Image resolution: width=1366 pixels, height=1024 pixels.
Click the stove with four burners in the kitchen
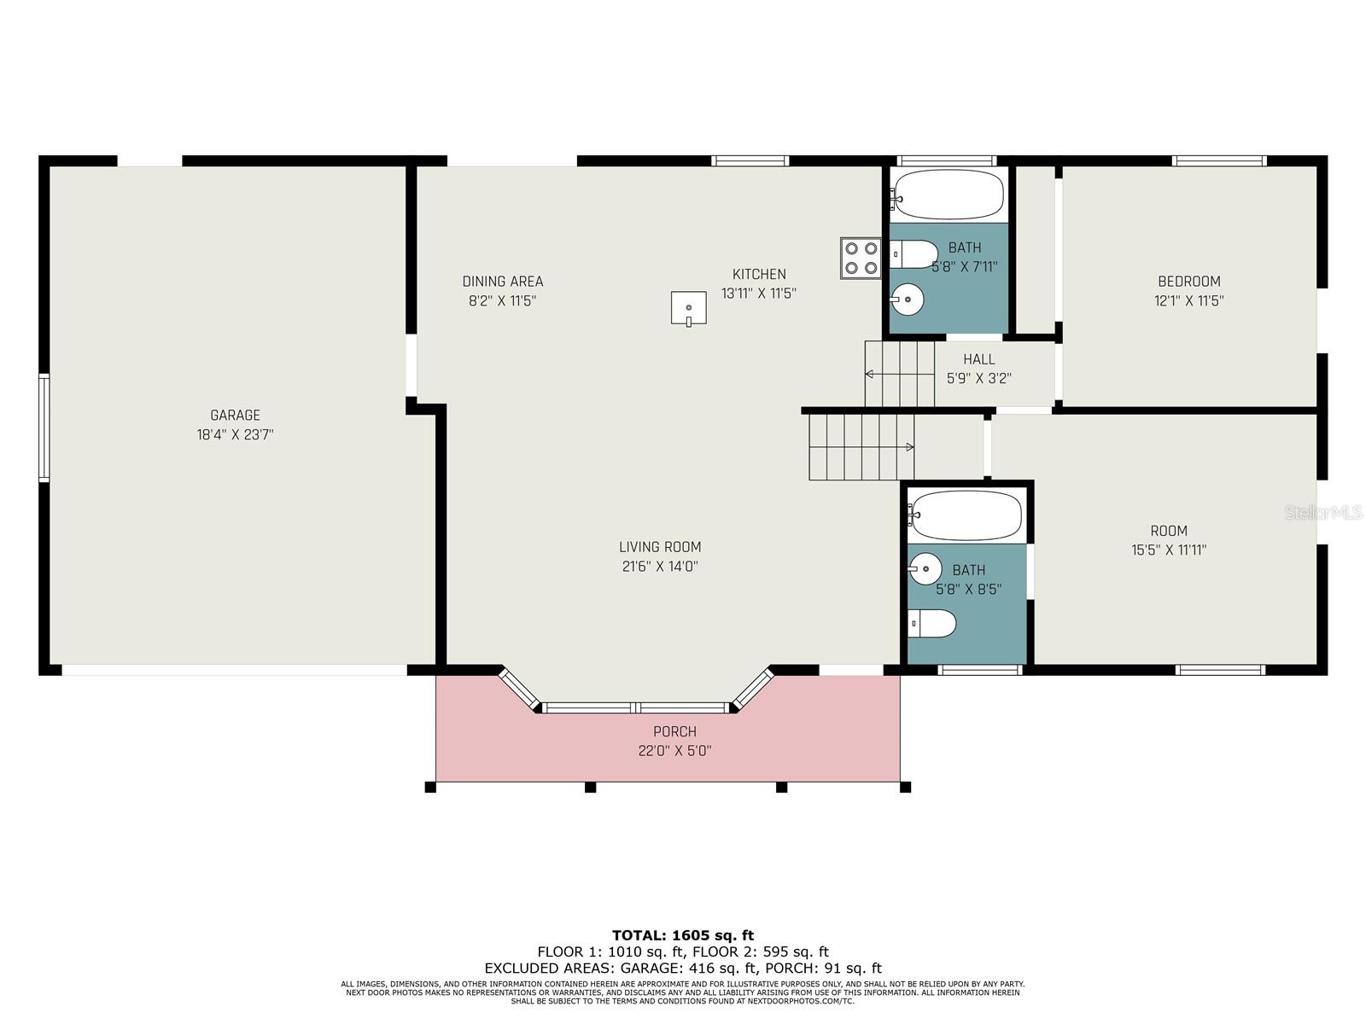[x=861, y=258]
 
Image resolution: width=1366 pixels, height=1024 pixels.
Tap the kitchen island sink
[x=688, y=308]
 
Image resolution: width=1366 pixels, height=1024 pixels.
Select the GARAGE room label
[x=236, y=415]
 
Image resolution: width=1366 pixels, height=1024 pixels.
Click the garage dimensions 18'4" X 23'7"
[x=236, y=434]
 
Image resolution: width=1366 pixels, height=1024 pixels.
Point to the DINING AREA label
[x=503, y=282]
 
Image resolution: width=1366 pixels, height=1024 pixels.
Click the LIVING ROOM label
[x=660, y=547]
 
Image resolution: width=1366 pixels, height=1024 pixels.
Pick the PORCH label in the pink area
[x=674, y=731]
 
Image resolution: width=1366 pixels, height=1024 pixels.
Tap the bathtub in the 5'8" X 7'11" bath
[x=947, y=194]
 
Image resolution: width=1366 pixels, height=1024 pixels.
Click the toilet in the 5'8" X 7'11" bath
[x=914, y=254]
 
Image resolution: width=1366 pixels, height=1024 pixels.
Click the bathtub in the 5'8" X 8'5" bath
[x=965, y=515]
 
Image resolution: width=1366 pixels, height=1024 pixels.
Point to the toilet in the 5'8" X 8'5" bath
[x=931, y=624]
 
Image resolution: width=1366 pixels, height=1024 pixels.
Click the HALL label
[x=979, y=358]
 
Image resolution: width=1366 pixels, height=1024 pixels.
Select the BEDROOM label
[x=1189, y=281]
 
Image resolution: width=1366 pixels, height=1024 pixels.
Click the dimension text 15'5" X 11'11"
[x=1169, y=550]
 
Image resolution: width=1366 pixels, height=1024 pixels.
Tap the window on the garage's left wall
[x=44, y=428]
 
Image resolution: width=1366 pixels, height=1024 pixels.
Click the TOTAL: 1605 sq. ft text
[x=683, y=935]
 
